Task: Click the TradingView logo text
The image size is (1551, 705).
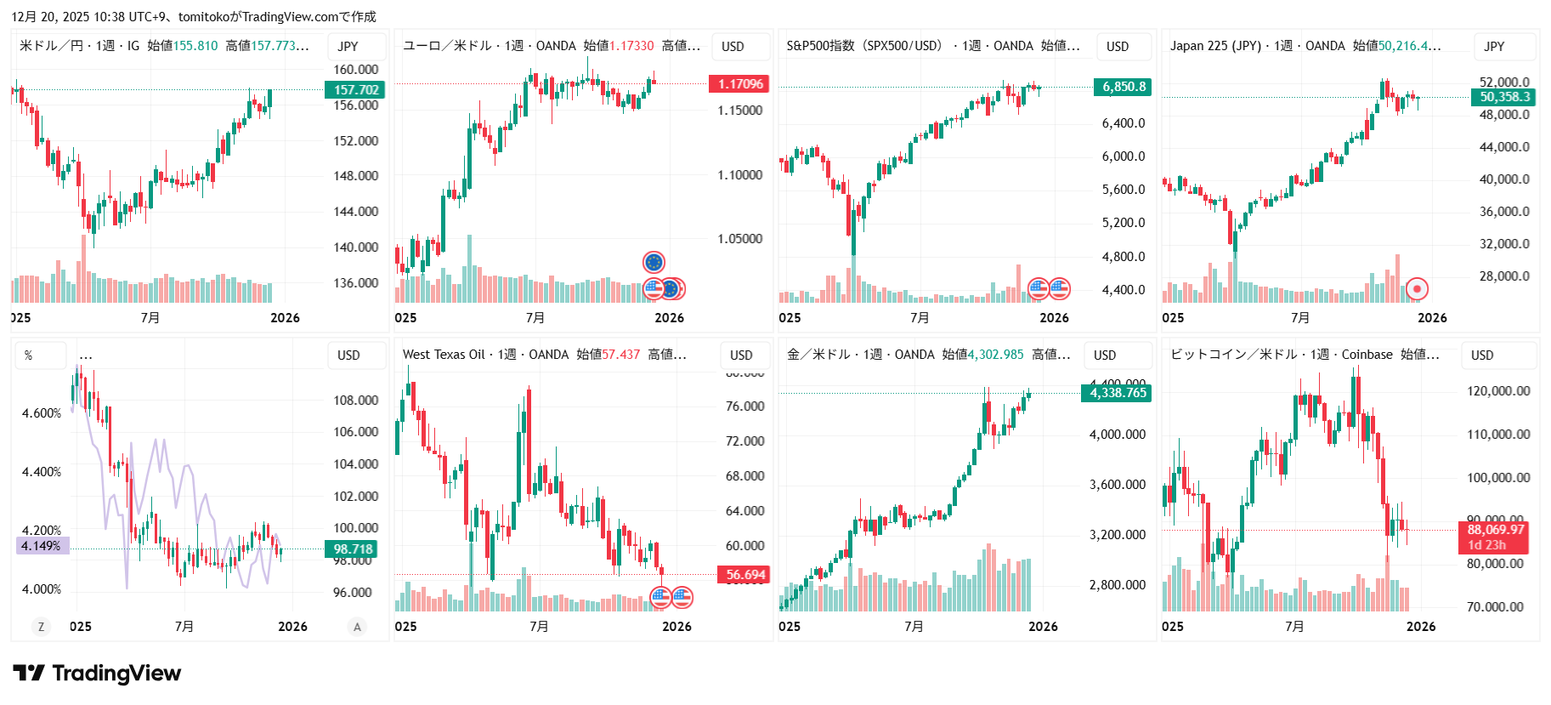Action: (x=116, y=674)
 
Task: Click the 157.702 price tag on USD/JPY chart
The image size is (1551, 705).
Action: (x=355, y=89)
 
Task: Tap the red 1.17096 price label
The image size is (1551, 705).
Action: (x=739, y=83)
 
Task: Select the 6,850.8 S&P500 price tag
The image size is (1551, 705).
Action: (x=1124, y=86)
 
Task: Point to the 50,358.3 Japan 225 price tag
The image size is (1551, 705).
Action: (x=1504, y=97)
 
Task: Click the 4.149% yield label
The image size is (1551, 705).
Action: (x=42, y=546)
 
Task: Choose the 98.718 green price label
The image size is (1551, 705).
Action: (x=353, y=549)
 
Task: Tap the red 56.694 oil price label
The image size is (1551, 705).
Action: (x=744, y=575)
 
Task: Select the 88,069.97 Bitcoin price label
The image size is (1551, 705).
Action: (x=1496, y=530)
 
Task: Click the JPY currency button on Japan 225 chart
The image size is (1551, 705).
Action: (x=1494, y=47)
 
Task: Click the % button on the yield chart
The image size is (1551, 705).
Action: (x=29, y=355)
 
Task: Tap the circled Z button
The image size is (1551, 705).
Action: (x=41, y=627)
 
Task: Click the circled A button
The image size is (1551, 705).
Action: (x=357, y=627)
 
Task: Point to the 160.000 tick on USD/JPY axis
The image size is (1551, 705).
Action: (x=356, y=70)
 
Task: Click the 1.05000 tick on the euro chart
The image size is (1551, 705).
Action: (x=739, y=239)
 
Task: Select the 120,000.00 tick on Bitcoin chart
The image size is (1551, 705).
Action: (x=1497, y=391)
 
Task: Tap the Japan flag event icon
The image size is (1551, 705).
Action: (x=1417, y=289)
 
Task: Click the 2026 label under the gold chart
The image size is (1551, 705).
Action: (x=1043, y=627)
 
